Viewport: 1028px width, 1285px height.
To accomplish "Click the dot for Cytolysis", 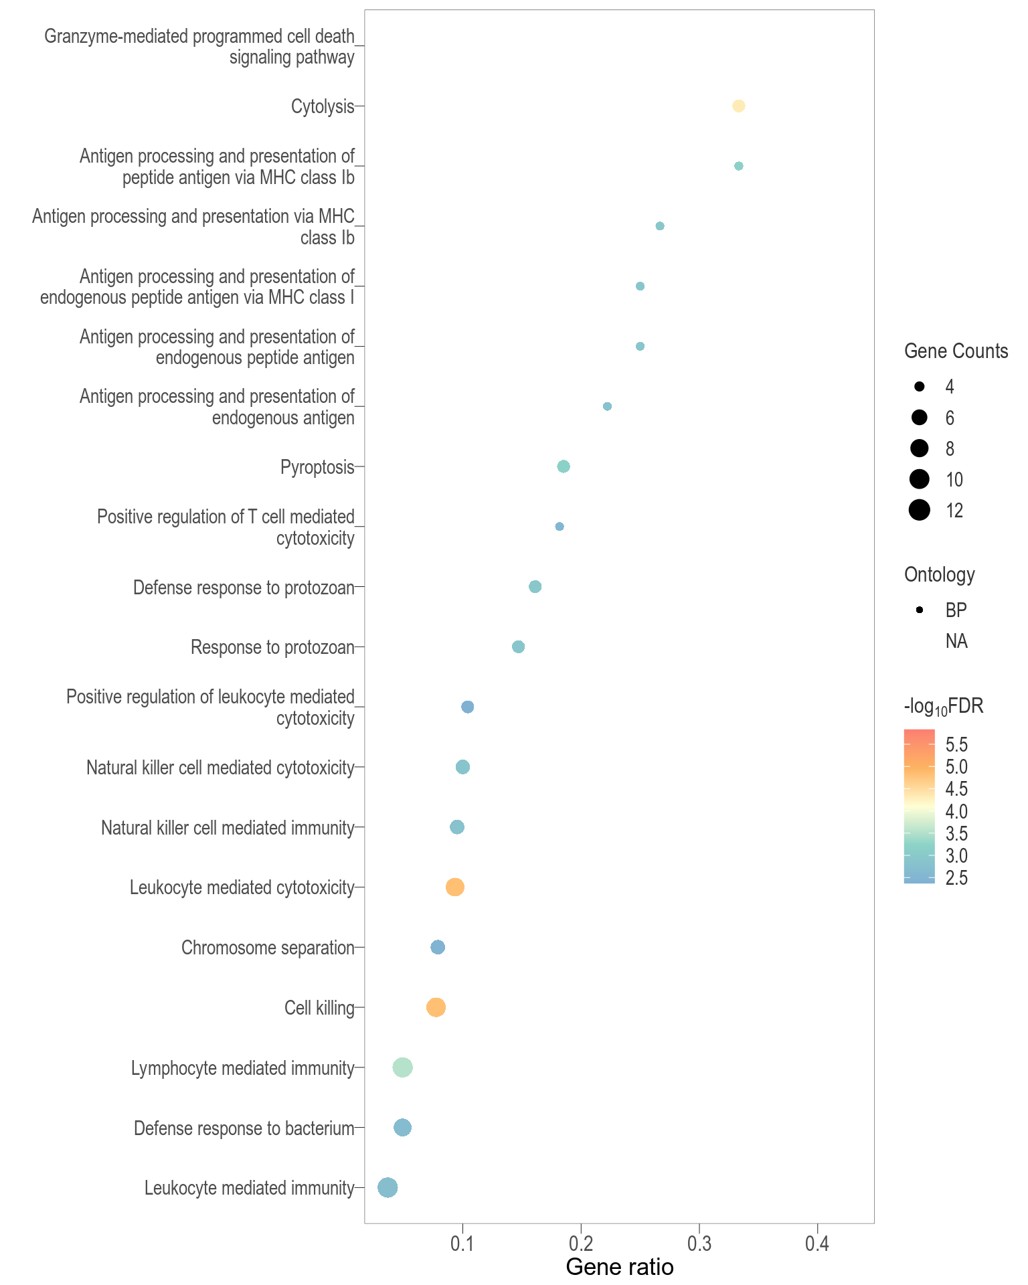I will click(x=738, y=106).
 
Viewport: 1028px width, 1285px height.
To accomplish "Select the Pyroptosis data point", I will click(x=564, y=466).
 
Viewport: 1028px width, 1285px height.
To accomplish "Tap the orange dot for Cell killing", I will click(x=436, y=1007).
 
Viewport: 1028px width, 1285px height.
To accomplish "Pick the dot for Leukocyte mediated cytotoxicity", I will click(x=455, y=887).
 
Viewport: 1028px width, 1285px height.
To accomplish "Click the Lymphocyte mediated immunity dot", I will click(x=402, y=1067).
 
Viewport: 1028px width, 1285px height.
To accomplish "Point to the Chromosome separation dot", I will click(x=438, y=947).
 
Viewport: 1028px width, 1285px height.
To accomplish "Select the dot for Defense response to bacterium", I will click(x=402, y=1128).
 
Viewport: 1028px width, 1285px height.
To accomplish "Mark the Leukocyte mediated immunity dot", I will click(x=388, y=1188).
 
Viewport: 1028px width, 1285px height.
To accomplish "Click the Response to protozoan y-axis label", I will click(x=272, y=647).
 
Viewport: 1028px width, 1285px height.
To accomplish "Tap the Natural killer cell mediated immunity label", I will click(x=228, y=828).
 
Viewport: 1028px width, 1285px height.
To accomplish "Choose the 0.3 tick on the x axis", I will click(x=699, y=1244).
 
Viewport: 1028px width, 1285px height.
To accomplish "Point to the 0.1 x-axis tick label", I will click(x=462, y=1244).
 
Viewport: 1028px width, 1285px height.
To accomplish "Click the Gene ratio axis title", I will click(x=620, y=1267).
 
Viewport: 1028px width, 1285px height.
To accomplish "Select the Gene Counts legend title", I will click(x=956, y=351).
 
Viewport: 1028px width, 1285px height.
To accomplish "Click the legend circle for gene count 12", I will click(x=920, y=510).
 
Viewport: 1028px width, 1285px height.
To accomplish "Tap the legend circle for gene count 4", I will click(x=920, y=386).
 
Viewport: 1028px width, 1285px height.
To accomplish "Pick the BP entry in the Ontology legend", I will click(x=956, y=610).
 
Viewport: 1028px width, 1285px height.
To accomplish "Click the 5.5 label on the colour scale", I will click(x=956, y=744).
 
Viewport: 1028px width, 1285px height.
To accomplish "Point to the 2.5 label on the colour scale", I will click(x=956, y=878).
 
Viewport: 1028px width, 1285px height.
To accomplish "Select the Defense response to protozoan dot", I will click(x=535, y=587).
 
